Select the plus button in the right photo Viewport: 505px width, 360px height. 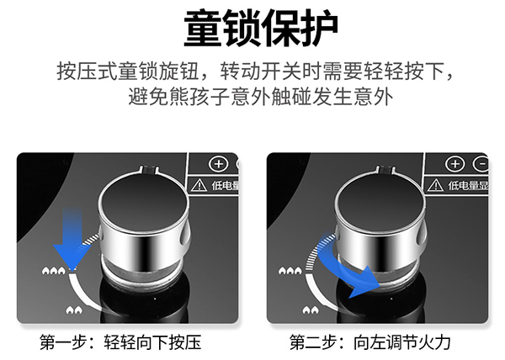455,163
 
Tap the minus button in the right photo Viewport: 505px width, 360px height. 481,163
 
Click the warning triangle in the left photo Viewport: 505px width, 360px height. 199,184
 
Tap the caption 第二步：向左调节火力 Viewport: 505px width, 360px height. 370,342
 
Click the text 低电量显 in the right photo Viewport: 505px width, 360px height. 467,184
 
